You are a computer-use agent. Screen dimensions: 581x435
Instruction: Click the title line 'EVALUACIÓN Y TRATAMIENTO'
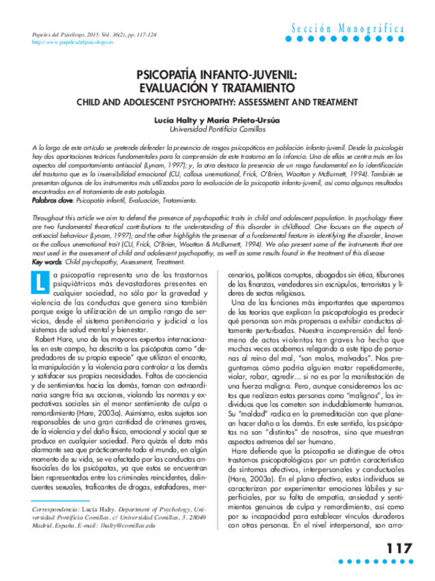click(x=217, y=90)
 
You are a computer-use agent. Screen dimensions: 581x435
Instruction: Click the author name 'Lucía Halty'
click(x=175, y=119)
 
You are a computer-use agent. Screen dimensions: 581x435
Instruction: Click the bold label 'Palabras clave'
click(x=52, y=201)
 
